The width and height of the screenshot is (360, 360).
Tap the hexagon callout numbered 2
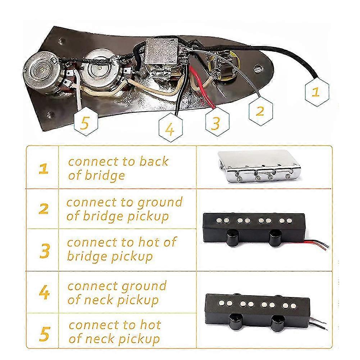[260, 110]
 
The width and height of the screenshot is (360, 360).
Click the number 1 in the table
[44, 168]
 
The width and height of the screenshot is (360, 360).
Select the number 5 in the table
[44, 333]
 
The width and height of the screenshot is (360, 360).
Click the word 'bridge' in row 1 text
[105, 176]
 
